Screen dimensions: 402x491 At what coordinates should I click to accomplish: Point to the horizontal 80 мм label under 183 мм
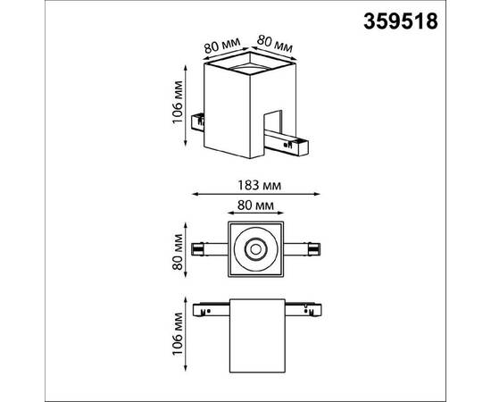(x=255, y=205)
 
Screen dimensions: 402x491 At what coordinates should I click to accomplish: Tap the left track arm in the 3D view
(x=198, y=115)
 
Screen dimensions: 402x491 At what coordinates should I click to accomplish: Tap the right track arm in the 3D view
(x=295, y=140)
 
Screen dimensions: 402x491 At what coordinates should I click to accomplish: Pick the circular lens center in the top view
(x=255, y=247)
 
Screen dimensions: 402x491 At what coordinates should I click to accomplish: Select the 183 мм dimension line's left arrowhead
(x=196, y=196)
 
